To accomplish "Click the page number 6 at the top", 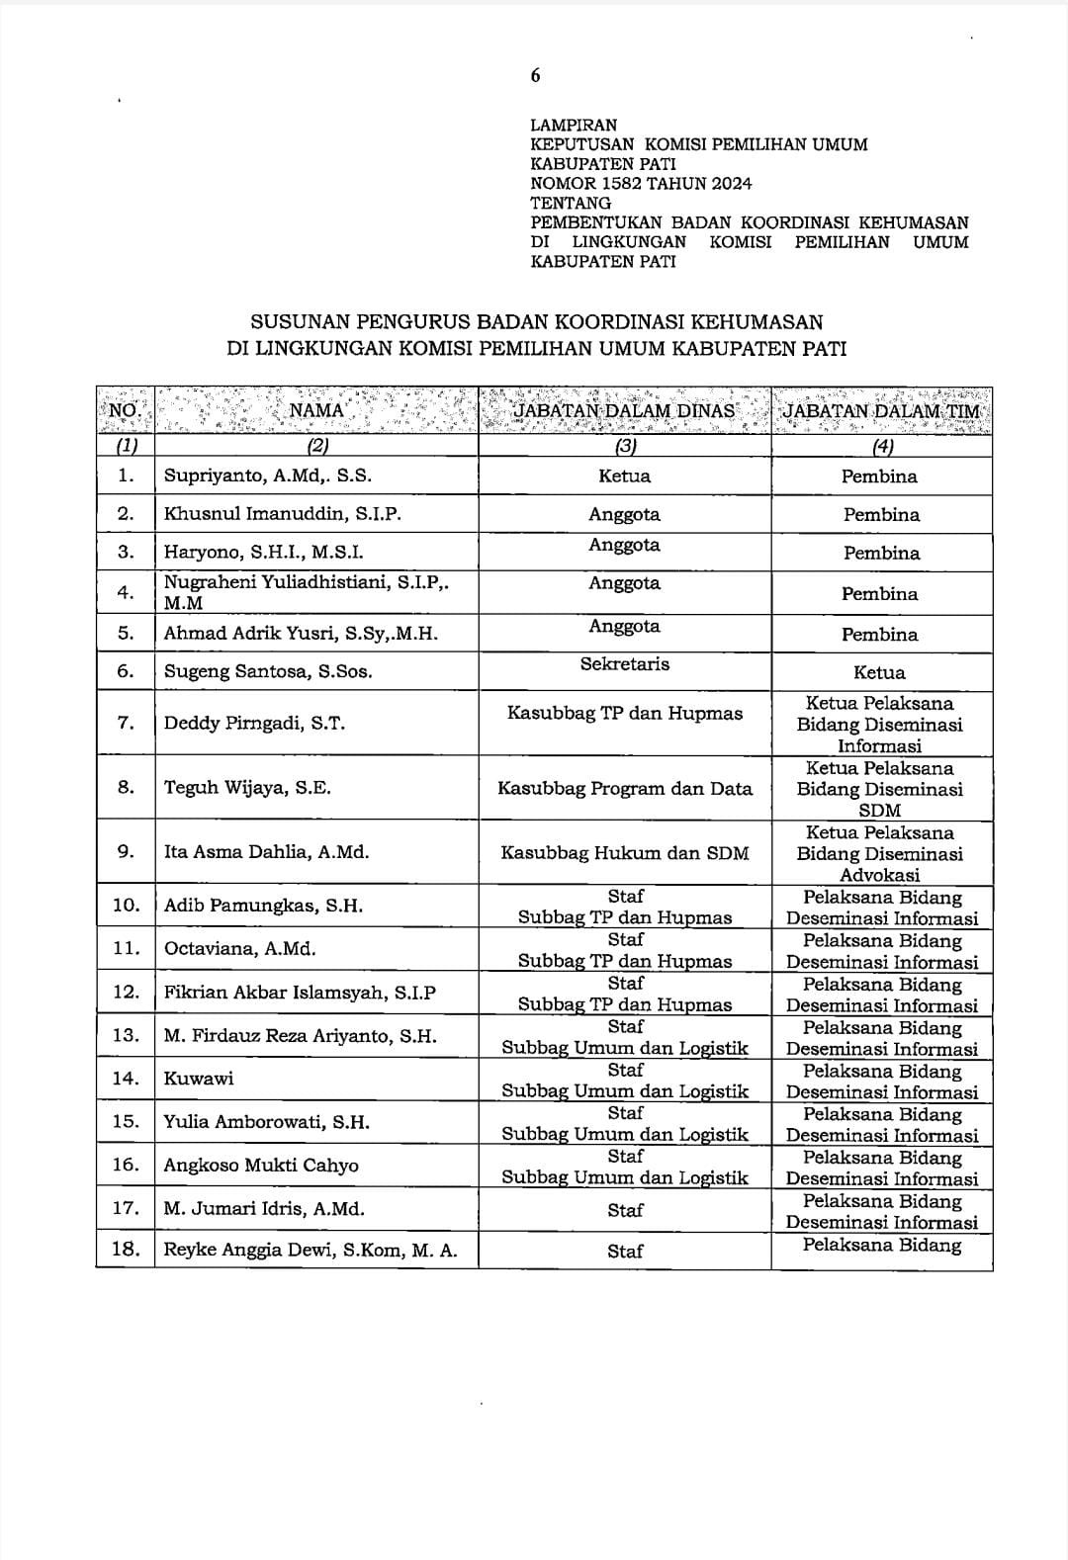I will [x=535, y=76].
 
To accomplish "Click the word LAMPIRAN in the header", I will [x=574, y=126].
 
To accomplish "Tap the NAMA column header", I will [x=316, y=410].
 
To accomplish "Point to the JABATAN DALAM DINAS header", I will [x=624, y=410].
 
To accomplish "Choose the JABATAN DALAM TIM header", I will [x=881, y=410].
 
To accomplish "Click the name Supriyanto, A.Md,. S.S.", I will [x=268, y=476].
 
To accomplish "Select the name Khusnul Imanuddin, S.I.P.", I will [x=283, y=514].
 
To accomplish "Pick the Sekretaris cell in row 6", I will [x=625, y=664].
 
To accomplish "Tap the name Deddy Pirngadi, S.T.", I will [x=254, y=723].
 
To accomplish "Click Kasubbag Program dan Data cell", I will [x=625, y=789].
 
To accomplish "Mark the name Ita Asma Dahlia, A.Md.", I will [x=266, y=852].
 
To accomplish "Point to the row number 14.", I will [x=126, y=1079].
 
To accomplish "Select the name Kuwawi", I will [x=199, y=1079].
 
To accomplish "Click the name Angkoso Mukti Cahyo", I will [x=261, y=1166].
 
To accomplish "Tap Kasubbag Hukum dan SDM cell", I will [x=625, y=853].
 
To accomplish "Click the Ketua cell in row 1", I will [x=625, y=477].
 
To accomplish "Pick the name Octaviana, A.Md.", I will [x=240, y=949].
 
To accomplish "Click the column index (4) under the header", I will [x=880, y=446].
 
